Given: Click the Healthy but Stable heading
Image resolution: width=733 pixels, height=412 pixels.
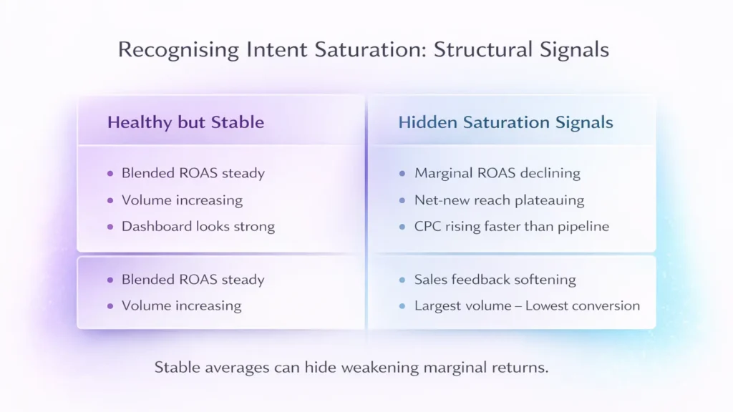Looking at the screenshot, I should coord(185,122).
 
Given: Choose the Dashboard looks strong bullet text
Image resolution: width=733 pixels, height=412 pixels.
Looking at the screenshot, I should coord(198,227).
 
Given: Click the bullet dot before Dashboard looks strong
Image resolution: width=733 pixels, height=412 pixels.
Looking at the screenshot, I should coord(110,227).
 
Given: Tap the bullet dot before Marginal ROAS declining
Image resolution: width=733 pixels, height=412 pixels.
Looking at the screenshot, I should coord(403,173).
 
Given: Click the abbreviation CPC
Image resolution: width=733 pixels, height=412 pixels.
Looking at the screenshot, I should coord(429,227).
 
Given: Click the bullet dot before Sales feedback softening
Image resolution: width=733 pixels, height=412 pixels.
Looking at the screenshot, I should coord(403,280).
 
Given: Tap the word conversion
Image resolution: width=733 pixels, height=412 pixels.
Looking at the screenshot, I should coord(607,306).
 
